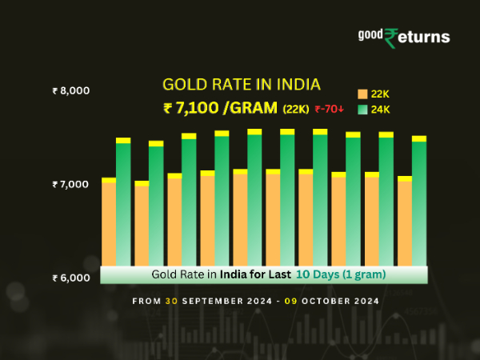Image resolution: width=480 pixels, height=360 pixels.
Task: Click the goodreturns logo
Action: [x=403, y=37]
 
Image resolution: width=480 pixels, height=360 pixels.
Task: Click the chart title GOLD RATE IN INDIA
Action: [x=241, y=84]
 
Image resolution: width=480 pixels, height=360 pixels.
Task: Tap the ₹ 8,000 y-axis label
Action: [x=70, y=90]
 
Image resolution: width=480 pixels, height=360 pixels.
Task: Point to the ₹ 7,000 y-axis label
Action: [x=70, y=185]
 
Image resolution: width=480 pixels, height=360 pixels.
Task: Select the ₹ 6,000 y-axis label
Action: [x=70, y=278]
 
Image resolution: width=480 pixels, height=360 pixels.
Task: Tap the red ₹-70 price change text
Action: [x=330, y=109]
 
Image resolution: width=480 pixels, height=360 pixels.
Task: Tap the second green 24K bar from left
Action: [x=156, y=204]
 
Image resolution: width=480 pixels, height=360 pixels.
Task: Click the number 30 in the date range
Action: [x=171, y=301]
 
